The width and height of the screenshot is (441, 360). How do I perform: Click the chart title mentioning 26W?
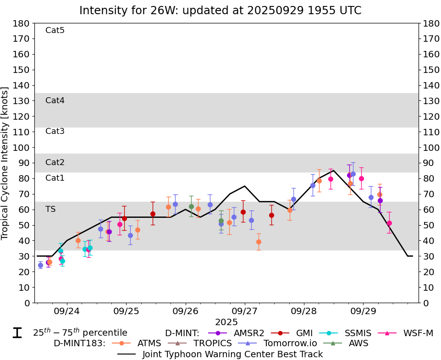click(x=220, y=10)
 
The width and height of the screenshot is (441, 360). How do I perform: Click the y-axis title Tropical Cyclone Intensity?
click(x=6, y=163)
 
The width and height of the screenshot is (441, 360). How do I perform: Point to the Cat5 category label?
click(x=55, y=31)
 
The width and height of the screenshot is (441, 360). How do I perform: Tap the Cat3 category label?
click(x=55, y=132)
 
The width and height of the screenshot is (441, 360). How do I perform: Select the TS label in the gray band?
click(x=50, y=209)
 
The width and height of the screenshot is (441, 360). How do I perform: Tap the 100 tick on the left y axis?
click(x=24, y=148)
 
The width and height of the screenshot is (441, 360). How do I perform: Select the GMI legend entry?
click(x=298, y=333)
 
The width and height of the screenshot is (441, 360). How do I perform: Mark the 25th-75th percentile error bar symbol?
click(x=17, y=333)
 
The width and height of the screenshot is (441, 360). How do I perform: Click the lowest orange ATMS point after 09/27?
click(x=259, y=242)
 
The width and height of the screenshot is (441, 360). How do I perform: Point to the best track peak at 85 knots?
click(x=333, y=171)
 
